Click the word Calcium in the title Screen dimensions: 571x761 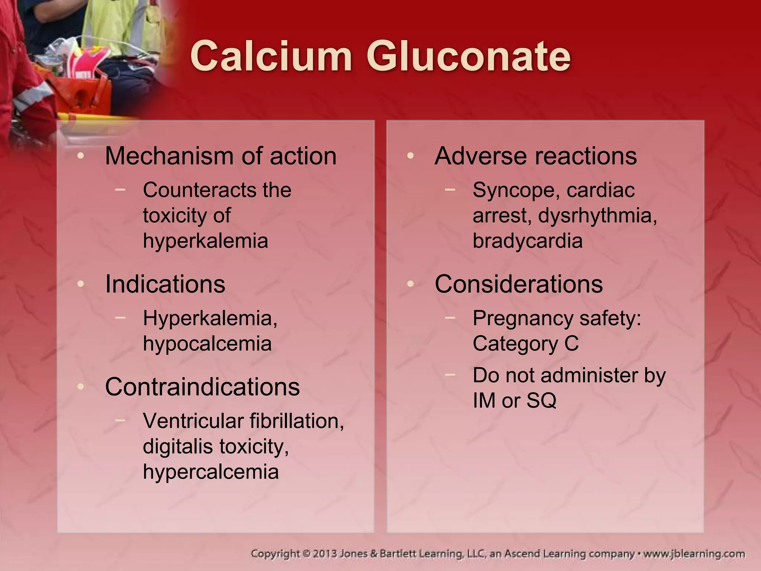pos(271,57)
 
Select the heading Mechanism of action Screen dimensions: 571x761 pos(221,156)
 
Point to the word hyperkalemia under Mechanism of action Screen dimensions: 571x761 pos(205,241)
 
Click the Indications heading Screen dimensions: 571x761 pos(165,284)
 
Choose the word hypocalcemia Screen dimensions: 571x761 pos(207,343)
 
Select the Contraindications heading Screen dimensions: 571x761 pos(202,387)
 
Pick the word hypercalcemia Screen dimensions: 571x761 pos(211,472)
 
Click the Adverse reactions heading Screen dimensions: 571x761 pos(535,156)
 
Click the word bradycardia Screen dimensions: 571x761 pos(527,241)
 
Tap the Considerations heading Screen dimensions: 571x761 pos(518,284)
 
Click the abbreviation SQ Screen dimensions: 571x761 pos(541,401)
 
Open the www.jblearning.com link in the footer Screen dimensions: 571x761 pos(694,554)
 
